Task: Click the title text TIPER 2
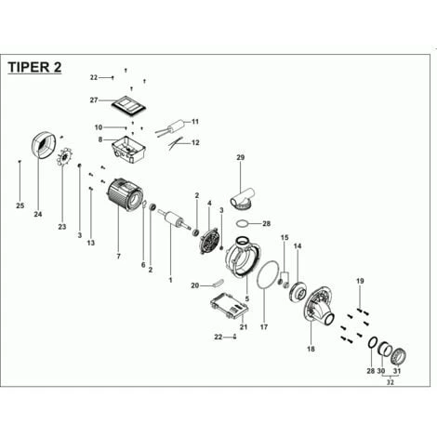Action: point(34,67)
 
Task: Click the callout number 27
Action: point(94,100)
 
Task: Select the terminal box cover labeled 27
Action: point(128,105)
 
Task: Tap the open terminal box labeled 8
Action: point(128,150)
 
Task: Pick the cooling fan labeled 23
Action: point(64,157)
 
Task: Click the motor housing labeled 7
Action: point(125,194)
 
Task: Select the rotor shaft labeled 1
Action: point(175,219)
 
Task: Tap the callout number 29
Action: point(241,157)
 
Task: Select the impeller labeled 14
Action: point(297,291)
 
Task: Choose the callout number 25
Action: point(20,205)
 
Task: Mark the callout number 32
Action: point(390,382)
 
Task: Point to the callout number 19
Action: point(360,281)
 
